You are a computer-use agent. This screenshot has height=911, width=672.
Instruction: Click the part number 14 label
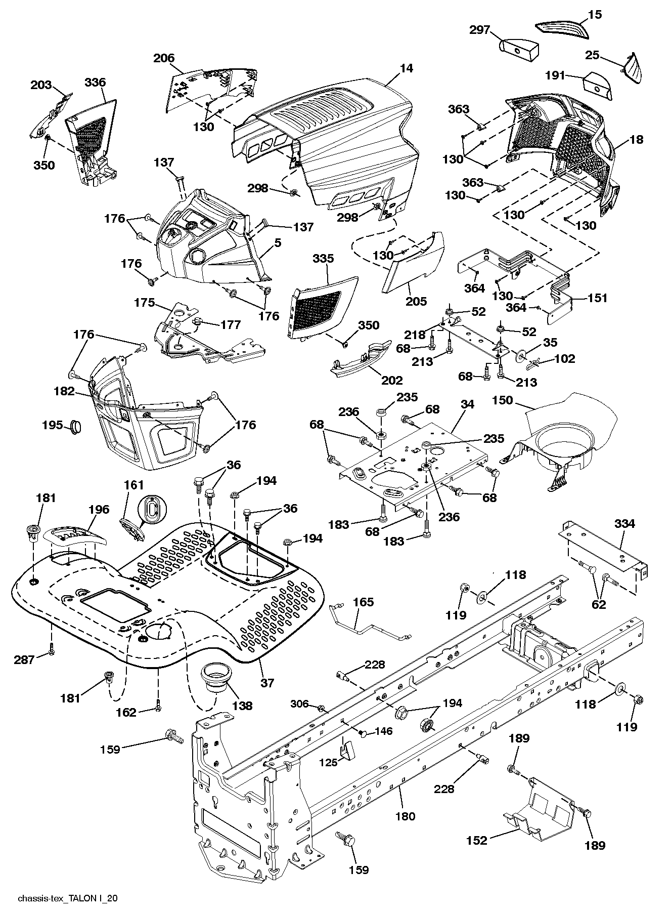pyautogui.click(x=406, y=68)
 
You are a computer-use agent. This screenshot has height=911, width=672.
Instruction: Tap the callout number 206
pyautogui.click(x=164, y=58)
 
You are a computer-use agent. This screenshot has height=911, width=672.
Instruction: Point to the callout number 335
pyautogui.click(x=323, y=259)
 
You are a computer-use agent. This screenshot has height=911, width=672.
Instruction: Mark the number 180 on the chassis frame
pyautogui.click(x=406, y=815)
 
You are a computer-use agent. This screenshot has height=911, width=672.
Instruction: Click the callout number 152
pyautogui.click(x=476, y=841)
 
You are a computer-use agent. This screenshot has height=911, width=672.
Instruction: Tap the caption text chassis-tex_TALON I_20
pyautogui.click(x=68, y=898)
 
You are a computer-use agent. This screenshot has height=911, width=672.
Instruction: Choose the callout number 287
pyautogui.click(x=24, y=659)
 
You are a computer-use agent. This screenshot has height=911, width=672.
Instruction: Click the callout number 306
pyautogui.click(x=300, y=703)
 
